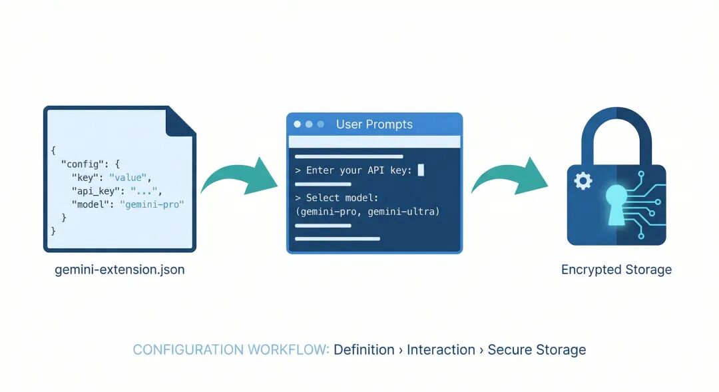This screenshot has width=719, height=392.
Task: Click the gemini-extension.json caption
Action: [x=119, y=270]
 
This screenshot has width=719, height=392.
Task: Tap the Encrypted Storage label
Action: [x=616, y=270]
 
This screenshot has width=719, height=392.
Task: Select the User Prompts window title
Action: [x=374, y=124]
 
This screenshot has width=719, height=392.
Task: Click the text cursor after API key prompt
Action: [x=421, y=170]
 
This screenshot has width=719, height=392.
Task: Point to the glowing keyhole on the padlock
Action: [x=615, y=200]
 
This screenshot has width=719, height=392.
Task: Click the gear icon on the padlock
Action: [x=583, y=180]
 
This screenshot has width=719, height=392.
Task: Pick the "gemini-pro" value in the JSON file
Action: [x=151, y=204]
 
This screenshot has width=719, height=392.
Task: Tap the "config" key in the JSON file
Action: [x=81, y=163]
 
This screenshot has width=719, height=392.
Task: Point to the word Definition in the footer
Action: [x=364, y=349]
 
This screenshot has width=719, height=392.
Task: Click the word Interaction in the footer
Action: [x=441, y=349]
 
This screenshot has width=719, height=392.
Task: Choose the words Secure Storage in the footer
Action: [x=537, y=349]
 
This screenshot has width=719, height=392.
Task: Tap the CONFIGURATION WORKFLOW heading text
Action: [x=231, y=349]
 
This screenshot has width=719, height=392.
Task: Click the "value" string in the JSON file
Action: [x=130, y=177]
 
